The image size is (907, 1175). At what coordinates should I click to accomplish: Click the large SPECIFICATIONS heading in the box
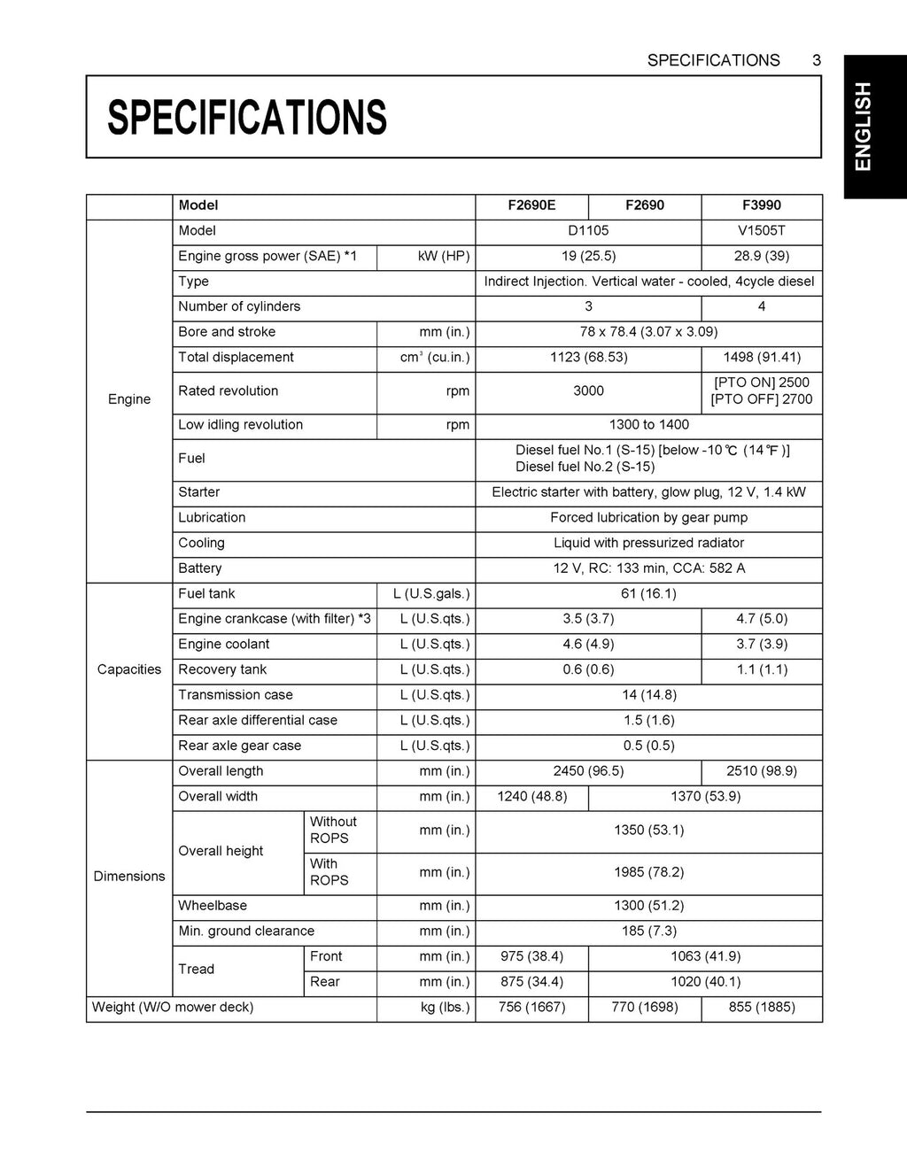point(247,117)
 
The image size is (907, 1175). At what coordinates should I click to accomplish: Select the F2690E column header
point(531,205)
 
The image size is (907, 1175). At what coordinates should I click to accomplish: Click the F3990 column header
point(762,205)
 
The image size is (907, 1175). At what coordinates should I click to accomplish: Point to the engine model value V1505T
point(762,231)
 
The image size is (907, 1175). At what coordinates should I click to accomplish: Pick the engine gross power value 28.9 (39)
point(762,257)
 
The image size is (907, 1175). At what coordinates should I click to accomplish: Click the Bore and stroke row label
point(227,332)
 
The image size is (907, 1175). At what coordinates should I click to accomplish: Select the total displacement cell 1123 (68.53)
point(588,358)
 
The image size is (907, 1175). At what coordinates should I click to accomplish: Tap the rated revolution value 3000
point(588,391)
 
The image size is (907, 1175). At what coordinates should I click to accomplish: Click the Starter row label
point(199,492)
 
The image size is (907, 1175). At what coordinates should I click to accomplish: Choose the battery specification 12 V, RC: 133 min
point(648,568)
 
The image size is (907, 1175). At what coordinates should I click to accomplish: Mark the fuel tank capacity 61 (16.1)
point(648,594)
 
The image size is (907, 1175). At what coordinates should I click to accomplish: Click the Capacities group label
point(129,669)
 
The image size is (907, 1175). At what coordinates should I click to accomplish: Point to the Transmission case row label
point(236,695)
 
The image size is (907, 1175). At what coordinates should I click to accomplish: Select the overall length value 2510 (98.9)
point(762,771)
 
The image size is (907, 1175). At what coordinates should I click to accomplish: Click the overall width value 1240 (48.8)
point(531,797)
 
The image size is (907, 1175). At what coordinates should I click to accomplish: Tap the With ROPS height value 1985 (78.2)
point(648,872)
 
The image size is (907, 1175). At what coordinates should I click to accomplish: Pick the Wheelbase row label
point(213,906)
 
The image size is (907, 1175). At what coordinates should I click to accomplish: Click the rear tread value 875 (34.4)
point(531,982)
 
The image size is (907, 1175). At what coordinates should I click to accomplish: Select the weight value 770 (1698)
point(645,1008)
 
